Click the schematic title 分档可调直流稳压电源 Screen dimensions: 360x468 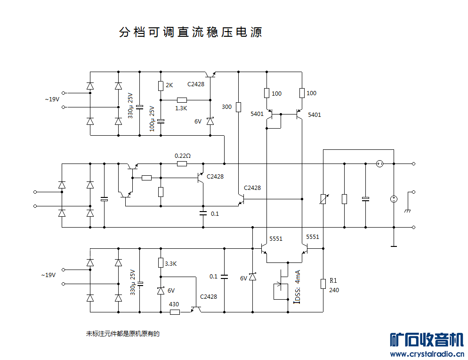[x=190, y=33]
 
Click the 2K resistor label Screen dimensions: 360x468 [x=169, y=86]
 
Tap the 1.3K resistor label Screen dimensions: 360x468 [x=181, y=108]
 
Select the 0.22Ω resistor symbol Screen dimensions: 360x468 [x=182, y=164]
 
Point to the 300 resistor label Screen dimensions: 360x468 [x=226, y=107]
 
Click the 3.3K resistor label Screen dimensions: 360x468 [x=170, y=264]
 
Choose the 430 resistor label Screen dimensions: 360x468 [x=173, y=304]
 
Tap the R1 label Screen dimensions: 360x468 [x=333, y=280]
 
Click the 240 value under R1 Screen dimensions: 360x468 [x=334, y=290]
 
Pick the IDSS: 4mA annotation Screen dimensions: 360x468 [x=297, y=286]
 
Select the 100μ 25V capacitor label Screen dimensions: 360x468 [x=152, y=118]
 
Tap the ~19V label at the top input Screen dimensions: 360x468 [x=52, y=99]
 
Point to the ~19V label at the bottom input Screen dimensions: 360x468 [x=48, y=275]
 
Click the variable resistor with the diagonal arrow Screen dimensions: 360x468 [x=323, y=199]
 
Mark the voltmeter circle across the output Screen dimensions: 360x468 [x=394, y=199]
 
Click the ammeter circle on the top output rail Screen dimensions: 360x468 [x=379, y=164]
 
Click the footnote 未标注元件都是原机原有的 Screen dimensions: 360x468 [x=123, y=334]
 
